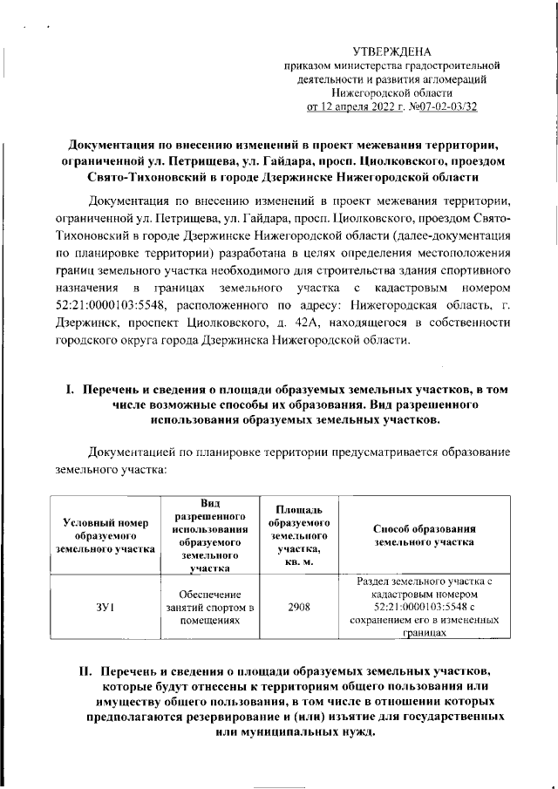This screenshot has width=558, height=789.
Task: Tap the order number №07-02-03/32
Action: (x=439, y=107)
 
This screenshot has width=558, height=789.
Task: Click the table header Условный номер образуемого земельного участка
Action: (x=103, y=534)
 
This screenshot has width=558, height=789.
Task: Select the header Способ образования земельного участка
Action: (x=424, y=534)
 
